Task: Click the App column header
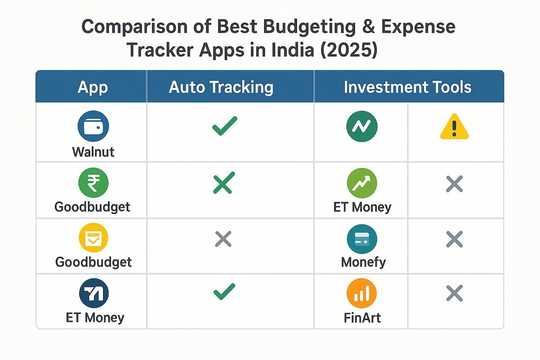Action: click(93, 87)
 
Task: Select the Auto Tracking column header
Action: click(221, 87)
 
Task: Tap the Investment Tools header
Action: click(407, 87)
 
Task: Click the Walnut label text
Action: click(93, 151)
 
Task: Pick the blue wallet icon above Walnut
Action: click(93, 126)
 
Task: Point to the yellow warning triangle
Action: click(454, 127)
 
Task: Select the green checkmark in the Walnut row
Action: click(225, 126)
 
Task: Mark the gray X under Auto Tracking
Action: click(224, 239)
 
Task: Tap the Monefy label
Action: click(363, 261)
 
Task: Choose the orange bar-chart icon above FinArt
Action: click(361, 294)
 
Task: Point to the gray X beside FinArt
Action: click(454, 294)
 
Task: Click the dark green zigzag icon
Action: click(362, 126)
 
